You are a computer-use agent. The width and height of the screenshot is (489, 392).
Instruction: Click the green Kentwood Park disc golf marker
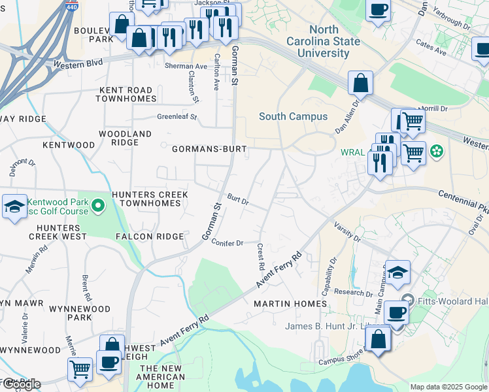click(99, 207)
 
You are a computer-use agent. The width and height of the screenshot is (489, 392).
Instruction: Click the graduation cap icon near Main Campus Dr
click(397, 272)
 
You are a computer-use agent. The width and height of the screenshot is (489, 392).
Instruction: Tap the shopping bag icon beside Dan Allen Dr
click(360, 84)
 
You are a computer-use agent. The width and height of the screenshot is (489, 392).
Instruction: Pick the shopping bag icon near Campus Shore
click(378, 339)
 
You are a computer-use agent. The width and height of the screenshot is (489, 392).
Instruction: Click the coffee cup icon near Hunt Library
click(396, 312)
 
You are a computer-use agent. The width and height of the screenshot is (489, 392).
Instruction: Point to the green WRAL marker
click(437, 153)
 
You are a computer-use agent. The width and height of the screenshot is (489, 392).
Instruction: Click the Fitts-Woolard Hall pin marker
click(408, 301)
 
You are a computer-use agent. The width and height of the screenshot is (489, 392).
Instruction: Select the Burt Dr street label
click(238, 199)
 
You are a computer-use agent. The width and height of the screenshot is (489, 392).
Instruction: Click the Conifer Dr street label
click(227, 242)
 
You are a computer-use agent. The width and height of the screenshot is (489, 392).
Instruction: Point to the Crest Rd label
click(260, 258)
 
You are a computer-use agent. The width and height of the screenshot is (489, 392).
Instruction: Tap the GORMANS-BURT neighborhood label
click(209, 149)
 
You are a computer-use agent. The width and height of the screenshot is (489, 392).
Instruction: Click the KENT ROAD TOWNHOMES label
click(126, 94)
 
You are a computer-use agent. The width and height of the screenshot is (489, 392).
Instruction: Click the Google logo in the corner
click(21, 384)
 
